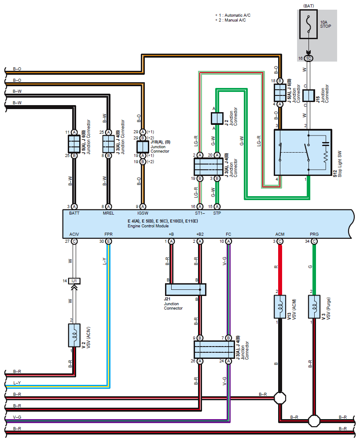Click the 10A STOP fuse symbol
309,24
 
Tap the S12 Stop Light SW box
303,153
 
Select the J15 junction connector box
309,95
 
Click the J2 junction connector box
217,118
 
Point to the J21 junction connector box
185,289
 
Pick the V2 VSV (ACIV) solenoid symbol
74,335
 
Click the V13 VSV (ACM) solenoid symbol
280,307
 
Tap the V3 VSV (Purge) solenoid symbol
314,307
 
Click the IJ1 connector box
74,281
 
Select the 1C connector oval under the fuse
309,58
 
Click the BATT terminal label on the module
74,213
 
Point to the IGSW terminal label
143,213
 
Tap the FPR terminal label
108,234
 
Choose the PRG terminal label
314,234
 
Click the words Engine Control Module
148,226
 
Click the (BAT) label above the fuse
309,6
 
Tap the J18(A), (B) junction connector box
143,147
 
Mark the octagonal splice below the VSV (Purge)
314,421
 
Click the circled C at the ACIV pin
74,241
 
